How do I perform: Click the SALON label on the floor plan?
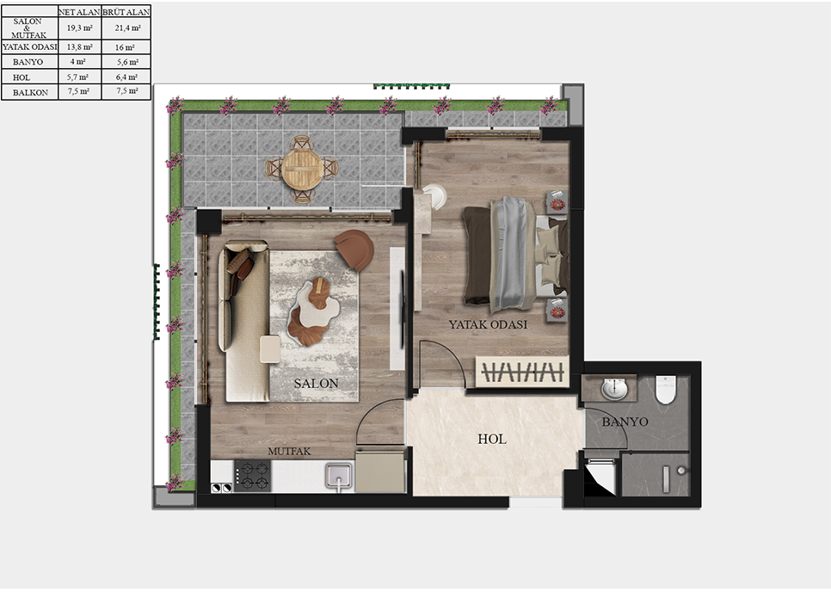pyautogui.click(x=316, y=383)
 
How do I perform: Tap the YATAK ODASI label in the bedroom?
pyautogui.click(x=488, y=324)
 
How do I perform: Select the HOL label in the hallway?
pyautogui.click(x=492, y=439)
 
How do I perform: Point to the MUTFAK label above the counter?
pyautogui.click(x=289, y=452)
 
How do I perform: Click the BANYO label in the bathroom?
pyautogui.click(x=625, y=422)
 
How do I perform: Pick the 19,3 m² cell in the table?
pyautogui.click(x=79, y=28)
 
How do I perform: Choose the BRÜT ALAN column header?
pyautogui.click(x=126, y=12)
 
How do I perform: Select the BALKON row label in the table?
pyautogui.click(x=30, y=92)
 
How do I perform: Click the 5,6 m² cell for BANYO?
pyautogui.click(x=127, y=61)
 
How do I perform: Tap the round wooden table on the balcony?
pyautogui.click(x=302, y=169)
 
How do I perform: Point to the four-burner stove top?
pyautogui.click(x=253, y=476)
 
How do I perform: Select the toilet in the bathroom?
pyautogui.click(x=666, y=390)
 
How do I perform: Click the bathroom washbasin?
pyautogui.click(x=615, y=389)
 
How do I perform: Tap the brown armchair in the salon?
pyautogui.click(x=354, y=249)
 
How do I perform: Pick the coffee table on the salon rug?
pyautogui.click(x=311, y=311)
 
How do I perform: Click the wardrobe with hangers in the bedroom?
pyautogui.click(x=522, y=372)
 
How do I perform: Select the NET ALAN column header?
pyautogui.click(x=79, y=12)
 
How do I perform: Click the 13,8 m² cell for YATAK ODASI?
pyautogui.click(x=79, y=46)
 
